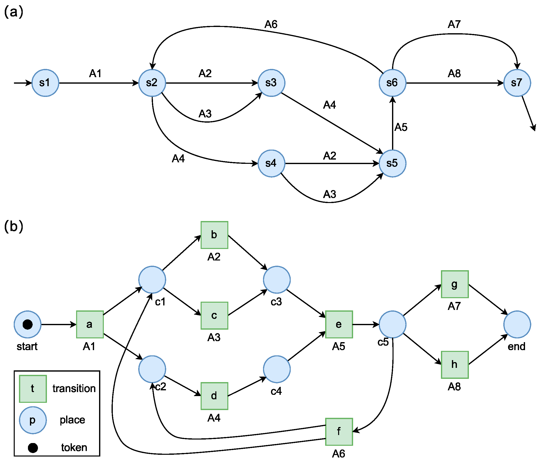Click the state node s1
[x=45, y=83]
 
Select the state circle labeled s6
[x=393, y=83]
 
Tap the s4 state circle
[x=271, y=164]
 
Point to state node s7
[x=517, y=83]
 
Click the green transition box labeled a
[x=90, y=324]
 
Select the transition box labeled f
[x=339, y=432]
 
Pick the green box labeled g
[x=455, y=284]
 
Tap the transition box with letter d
[x=214, y=396]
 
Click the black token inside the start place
[x=28, y=324]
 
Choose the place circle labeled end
[x=517, y=324]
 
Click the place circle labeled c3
[x=277, y=280]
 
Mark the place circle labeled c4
[x=277, y=369]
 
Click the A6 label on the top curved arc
[x=271, y=24]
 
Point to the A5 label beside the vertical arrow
[x=401, y=127]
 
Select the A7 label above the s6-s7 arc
[x=454, y=24]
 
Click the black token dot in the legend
[x=33, y=448]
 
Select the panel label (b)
[x=13, y=226]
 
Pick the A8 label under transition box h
[x=454, y=387]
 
